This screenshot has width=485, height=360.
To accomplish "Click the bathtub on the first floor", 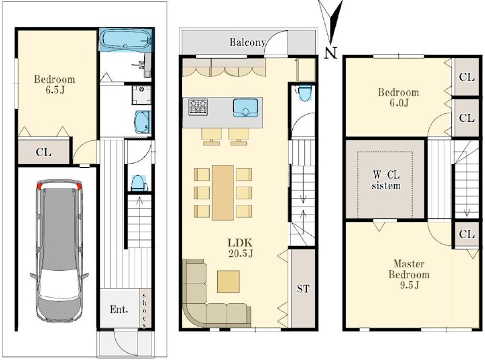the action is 126,39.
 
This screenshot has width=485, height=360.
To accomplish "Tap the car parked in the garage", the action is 59,250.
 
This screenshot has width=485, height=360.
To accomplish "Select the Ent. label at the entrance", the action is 119,309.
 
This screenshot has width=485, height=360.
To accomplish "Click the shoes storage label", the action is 144,309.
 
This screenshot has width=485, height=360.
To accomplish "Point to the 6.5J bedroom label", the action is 55,84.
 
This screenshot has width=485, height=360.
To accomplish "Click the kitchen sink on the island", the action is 246,108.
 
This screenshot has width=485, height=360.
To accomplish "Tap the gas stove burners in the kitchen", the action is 198,107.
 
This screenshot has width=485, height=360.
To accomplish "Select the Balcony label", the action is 247,42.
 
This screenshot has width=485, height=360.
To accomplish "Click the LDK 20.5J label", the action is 241,248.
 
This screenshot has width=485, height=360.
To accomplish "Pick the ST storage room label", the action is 303,288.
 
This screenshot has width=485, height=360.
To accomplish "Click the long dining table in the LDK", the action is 222,193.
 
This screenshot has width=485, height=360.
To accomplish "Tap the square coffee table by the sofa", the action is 229,281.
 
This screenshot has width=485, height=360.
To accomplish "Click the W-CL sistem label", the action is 386,181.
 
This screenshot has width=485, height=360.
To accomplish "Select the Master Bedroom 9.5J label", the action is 409,275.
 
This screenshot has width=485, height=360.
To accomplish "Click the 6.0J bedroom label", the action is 398,97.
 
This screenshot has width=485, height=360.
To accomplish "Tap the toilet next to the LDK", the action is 304,93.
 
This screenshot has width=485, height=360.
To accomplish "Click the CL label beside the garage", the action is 43,152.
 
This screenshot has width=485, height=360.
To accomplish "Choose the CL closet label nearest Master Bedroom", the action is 466,234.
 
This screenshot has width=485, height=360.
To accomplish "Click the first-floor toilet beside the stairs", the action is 138,183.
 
